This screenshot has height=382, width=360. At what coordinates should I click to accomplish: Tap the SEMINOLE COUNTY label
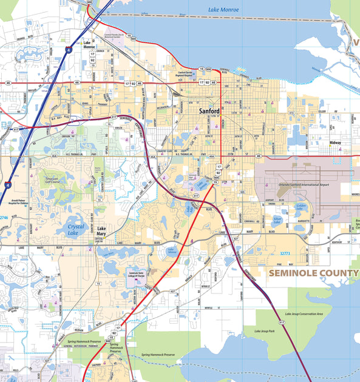(313, 273)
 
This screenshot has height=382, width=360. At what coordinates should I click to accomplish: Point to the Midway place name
(335, 143)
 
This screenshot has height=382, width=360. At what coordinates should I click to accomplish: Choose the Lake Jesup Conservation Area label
(308, 314)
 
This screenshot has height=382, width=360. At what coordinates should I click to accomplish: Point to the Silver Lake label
(277, 219)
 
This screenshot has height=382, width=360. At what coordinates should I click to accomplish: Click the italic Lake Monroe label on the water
(223, 10)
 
